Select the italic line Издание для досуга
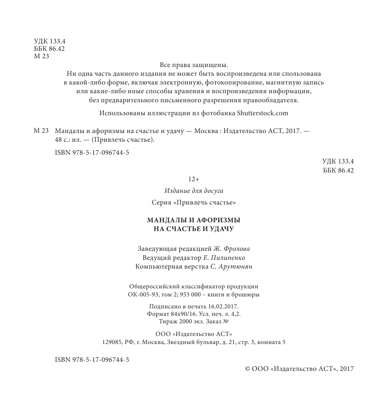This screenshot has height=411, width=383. [x=194, y=191]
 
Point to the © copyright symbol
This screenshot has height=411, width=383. [x=247, y=369]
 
